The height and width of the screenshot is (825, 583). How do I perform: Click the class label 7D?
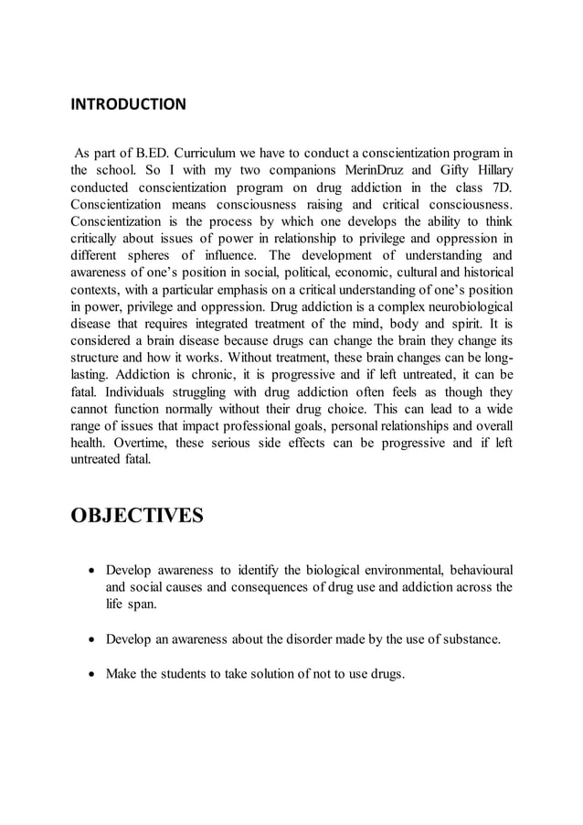(x=500, y=187)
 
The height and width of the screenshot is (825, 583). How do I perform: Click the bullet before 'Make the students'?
(x=91, y=674)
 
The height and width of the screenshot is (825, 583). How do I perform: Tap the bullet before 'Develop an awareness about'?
(x=91, y=639)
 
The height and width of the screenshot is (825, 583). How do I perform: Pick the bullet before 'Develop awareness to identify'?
(x=91, y=570)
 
